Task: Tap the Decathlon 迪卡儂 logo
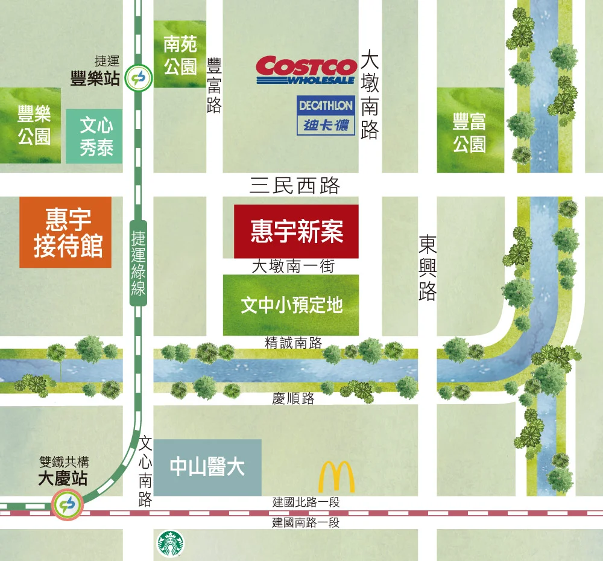click(x=326, y=115)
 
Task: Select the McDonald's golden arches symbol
click(x=336, y=477)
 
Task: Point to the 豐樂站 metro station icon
click(x=139, y=78)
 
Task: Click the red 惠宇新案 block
click(x=296, y=232)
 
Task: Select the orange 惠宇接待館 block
click(x=66, y=232)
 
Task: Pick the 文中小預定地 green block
click(x=291, y=305)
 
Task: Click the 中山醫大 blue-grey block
click(x=207, y=468)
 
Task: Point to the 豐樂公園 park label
click(x=34, y=125)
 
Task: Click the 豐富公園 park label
click(x=470, y=134)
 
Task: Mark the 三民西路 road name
click(x=294, y=186)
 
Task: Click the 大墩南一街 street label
click(x=292, y=266)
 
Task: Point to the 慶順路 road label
click(x=293, y=399)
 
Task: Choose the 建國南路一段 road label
click(x=306, y=522)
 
